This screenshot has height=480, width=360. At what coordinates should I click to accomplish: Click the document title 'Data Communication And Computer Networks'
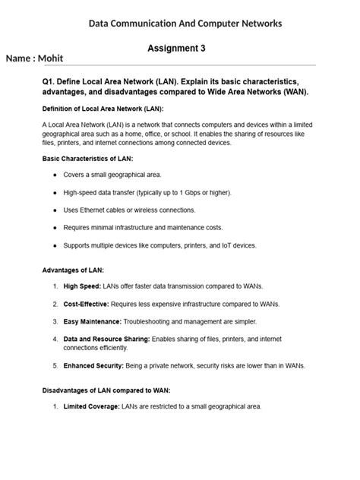185,24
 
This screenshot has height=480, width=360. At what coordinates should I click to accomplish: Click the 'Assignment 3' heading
176,48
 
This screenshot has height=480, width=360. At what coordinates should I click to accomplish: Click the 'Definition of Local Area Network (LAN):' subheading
103,108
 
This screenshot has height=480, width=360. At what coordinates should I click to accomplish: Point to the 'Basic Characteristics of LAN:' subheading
88,159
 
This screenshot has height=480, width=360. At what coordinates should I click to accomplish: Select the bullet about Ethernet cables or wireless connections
133,210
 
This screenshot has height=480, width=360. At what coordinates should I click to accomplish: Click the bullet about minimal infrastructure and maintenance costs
144,228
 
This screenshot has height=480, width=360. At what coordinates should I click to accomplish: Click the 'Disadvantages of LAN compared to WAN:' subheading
106,390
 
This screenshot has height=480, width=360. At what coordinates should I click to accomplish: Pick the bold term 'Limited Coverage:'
91,407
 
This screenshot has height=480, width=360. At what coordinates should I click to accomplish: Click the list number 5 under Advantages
55,365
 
